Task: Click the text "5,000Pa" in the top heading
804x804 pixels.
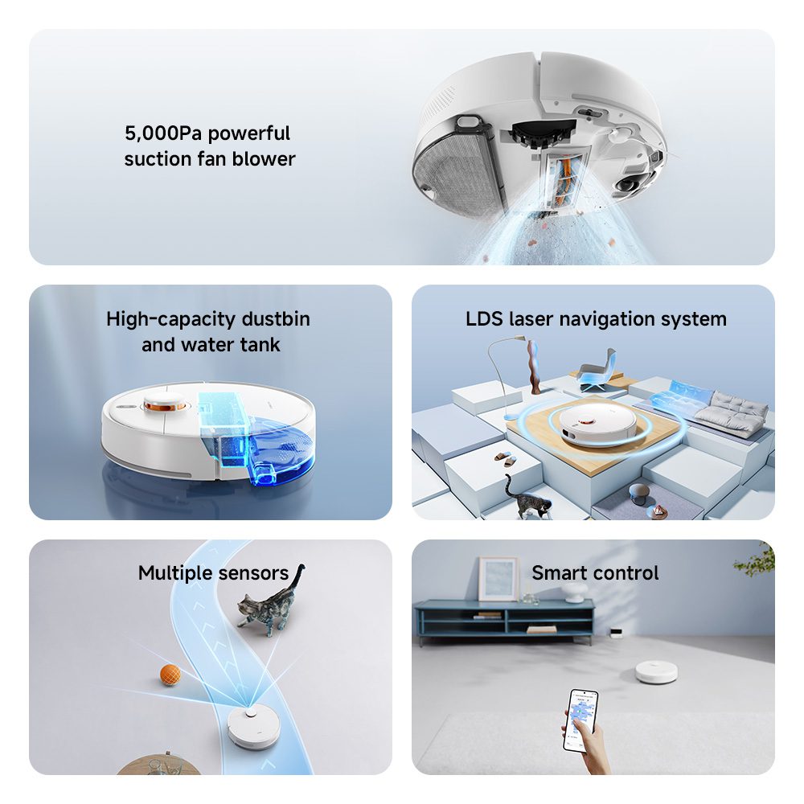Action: click(x=163, y=133)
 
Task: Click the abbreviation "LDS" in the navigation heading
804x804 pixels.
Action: click(x=484, y=319)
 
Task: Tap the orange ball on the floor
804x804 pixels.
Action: click(x=170, y=675)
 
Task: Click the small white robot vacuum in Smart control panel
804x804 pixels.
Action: click(x=656, y=671)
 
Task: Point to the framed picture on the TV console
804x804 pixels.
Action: click(x=498, y=579)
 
